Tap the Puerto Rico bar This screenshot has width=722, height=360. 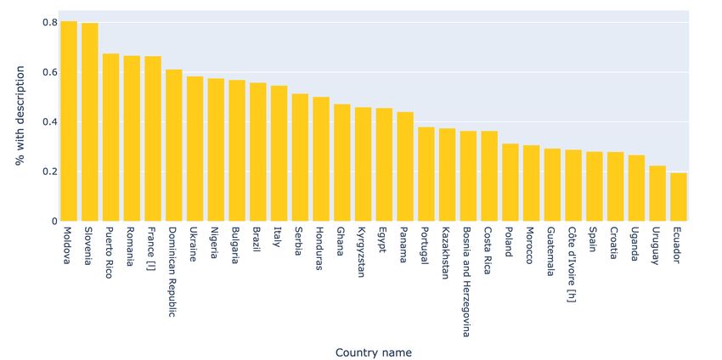[x=110, y=138]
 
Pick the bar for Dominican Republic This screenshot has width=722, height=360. [x=173, y=145]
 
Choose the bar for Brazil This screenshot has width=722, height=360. [x=257, y=152]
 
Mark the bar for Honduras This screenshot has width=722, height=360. [x=321, y=159]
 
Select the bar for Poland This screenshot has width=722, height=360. [x=510, y=183]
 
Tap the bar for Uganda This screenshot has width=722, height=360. [x=636, y=188]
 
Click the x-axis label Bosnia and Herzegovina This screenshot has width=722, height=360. [x=468, y=281]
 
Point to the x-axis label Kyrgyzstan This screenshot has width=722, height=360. [x=363, y=253]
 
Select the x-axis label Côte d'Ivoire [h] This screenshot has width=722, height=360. [x=573, y=264]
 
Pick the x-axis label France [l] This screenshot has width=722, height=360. [x=153, y=248]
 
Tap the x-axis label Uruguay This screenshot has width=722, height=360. [x=657, y=245]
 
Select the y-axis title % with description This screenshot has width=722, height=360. [x=20, y=121]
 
